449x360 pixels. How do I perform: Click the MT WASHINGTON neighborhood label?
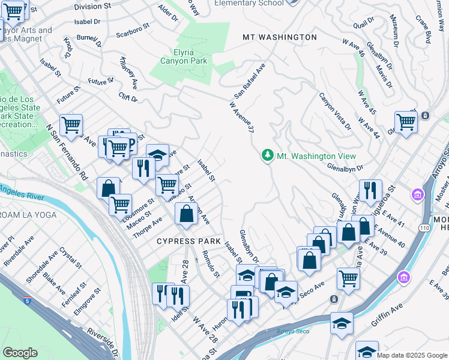tap(279, 37)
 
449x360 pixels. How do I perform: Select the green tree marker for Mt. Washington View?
tap(267, 155)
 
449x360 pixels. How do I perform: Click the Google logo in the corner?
tap(20, 352)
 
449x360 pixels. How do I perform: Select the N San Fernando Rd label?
tap(67, 153)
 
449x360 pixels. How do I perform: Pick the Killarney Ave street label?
tap(128, 72)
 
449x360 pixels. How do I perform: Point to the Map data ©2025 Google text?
tap(412, 355)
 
